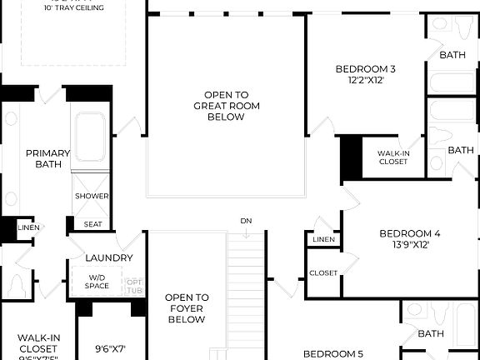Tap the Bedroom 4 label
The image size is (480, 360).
pos(409,233)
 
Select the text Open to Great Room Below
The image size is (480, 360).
pos(226,106)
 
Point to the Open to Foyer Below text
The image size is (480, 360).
pos(186,308)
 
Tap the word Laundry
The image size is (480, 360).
pos(108,258)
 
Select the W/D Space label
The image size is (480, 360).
pos(97,282)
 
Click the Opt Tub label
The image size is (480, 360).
pos(134,286)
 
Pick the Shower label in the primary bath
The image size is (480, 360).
pos(92,196)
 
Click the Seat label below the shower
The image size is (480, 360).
pos(92,224)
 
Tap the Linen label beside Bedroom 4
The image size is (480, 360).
pos(323,240)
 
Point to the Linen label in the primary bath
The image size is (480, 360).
pos(28,227)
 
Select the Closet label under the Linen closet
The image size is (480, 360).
pos(323,272)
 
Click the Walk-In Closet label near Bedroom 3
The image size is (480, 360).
pos(392,157)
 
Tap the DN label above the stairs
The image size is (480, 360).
pos(246,221)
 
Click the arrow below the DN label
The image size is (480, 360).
pos(247,234)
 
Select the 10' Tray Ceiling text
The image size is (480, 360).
pos(75,8)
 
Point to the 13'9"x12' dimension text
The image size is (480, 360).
pos(409,246)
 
